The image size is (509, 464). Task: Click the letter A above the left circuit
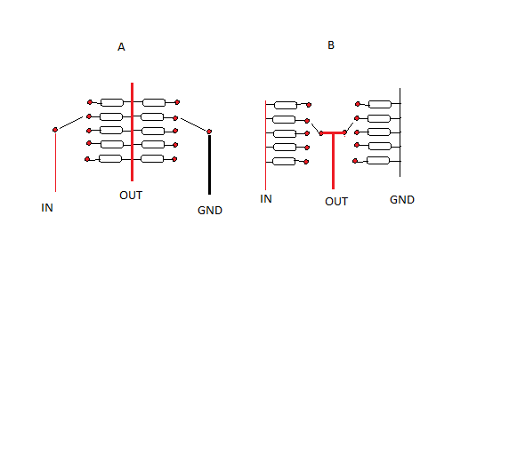click(121, 47)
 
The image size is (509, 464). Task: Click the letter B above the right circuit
click(331, 45)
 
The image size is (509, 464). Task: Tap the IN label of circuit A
click(47, 208)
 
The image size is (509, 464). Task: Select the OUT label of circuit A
click(131, 196)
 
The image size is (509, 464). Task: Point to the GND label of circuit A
click(210, 211)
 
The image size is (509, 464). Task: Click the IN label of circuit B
click(266, 199)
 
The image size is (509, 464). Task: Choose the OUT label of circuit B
click(336, 202)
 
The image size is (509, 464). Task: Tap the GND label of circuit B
click(402, 200)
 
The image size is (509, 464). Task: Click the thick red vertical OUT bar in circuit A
click(132, 132)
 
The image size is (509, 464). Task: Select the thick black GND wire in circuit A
click(209, 164)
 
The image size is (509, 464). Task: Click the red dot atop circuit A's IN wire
click(55, 130)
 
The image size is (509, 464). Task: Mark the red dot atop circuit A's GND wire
click(209, 132)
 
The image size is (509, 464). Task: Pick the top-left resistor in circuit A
click(112, 103)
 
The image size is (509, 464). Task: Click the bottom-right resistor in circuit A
click(152, 158)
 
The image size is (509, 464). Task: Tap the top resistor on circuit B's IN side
click(286, 105)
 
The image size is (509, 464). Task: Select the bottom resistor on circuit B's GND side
click(378, 161)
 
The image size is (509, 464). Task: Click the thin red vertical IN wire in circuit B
click(265, 145)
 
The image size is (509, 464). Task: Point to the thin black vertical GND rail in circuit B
click(400, 132)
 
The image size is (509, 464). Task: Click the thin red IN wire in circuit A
click(55, 162)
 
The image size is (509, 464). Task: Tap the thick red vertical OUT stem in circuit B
click(333, 161)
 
